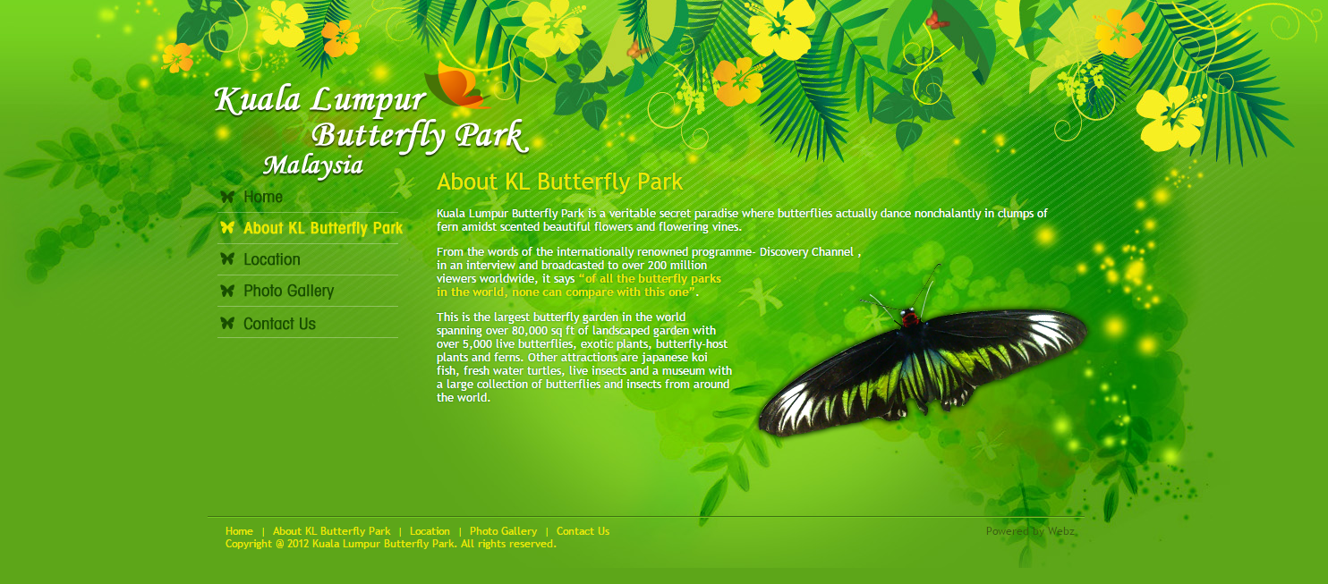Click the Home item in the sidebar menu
262,197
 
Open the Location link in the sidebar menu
271,259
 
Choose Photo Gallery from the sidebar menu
289,291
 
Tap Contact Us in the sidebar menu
279,324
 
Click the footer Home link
239,531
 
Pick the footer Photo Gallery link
503,531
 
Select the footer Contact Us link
583,531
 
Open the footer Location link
430,531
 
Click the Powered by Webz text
1030,531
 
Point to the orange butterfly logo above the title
457,85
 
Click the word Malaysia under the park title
313,165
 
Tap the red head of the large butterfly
909,318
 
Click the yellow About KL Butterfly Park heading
559,182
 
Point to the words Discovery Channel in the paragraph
806,251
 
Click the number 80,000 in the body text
530,331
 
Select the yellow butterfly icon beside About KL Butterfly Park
227,227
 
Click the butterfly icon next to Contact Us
227,323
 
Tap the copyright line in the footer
391,544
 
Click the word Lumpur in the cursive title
368,99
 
